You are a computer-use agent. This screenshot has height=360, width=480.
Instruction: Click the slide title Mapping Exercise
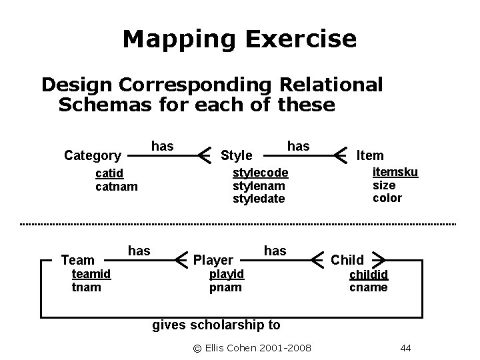point(239,39)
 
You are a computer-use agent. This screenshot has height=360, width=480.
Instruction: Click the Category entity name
point(92,156)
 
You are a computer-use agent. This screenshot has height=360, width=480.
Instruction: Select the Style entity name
point(236,156)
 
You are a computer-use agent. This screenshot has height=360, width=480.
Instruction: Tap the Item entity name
point(370,155)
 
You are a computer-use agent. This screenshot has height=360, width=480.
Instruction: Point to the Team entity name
point(77,260)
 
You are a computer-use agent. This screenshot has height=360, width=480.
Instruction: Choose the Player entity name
point(213,260)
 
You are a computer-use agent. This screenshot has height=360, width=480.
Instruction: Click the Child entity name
point(347,260)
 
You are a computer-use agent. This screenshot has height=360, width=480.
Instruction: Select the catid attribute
point(109,174)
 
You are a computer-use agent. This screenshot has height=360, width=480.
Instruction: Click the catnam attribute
point(117,187)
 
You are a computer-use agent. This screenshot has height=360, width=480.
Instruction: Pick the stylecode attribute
point(260,173)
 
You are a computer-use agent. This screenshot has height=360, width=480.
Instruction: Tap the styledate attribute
point(259,199)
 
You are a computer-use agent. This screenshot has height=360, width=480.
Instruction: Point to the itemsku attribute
point(395,172)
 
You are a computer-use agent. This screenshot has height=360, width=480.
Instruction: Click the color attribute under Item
point(387,198)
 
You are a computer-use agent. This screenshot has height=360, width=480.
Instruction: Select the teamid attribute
point(91,274)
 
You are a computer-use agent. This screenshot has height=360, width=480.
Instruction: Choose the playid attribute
point(227,274)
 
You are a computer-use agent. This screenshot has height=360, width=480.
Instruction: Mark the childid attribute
point(369,274)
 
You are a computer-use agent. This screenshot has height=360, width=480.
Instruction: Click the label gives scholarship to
point(217,325)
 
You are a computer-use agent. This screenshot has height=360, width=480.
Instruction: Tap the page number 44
point(407,348)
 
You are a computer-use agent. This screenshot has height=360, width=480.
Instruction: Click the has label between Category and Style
point(162,145)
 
